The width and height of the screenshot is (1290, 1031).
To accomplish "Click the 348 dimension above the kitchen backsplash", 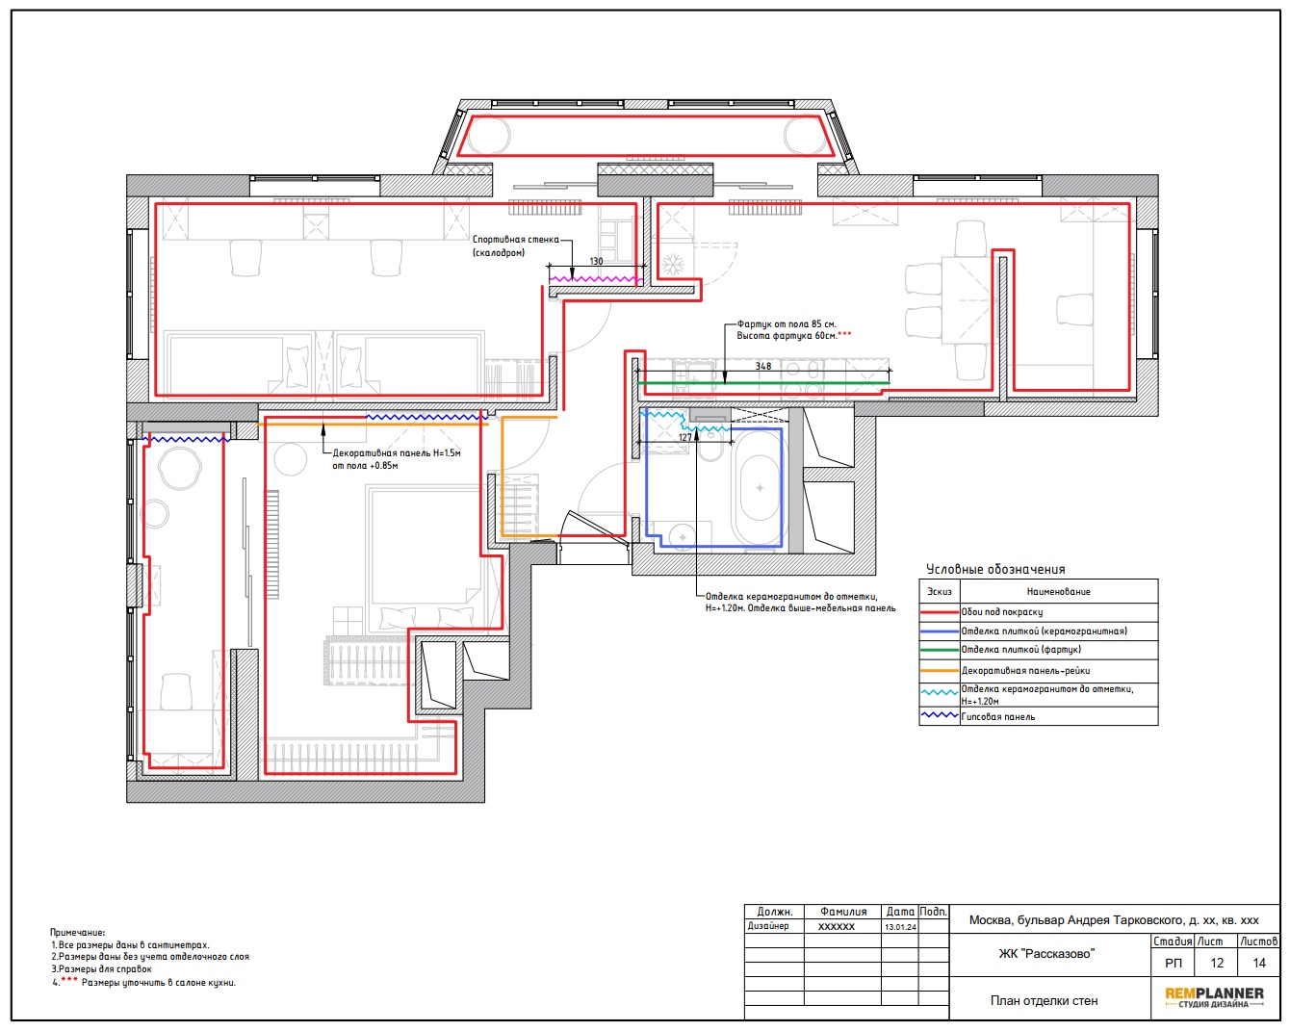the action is pos(762,366).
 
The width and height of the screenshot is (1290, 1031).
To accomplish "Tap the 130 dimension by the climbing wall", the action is pos(596,261).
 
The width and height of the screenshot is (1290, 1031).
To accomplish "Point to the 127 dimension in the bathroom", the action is pos(684,437).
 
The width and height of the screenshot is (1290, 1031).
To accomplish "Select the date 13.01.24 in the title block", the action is pos(900,927).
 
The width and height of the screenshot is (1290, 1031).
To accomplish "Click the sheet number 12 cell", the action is pos(1216,963).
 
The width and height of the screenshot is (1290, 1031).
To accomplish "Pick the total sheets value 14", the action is pos(1258,963).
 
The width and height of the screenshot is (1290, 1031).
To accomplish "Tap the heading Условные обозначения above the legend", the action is pos(995,569).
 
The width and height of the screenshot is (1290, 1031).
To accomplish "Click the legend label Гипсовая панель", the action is pos(997,716).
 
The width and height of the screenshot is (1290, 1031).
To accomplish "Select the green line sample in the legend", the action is pos(940,649).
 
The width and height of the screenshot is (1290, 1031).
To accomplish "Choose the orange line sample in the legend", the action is pos(940,670).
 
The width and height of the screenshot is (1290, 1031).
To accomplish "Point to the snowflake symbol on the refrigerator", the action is pos(673,265).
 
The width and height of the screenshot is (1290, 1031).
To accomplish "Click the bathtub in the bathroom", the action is pos(759,488).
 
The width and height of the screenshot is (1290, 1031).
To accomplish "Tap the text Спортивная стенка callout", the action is pos(516,239).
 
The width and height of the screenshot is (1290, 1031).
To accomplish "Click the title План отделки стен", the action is pos(1044,1000).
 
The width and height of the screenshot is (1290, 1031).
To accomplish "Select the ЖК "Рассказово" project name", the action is pos(1046,953).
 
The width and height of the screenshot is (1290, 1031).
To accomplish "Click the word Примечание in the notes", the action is pos(77,932).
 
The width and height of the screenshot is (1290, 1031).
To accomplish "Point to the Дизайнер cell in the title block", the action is pos(768,926).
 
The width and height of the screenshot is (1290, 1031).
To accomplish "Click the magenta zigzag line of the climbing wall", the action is pos(596,279).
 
